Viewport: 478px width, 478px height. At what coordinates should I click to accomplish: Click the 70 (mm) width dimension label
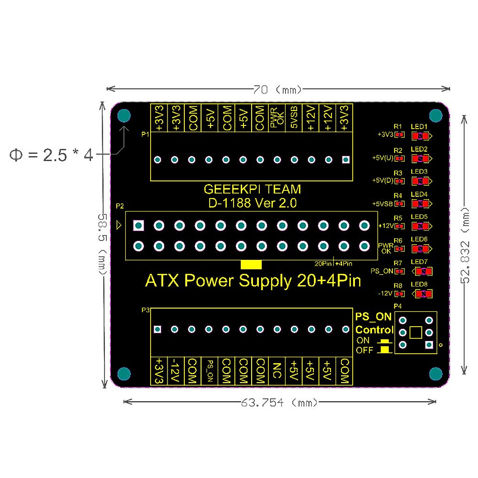pos(278,90)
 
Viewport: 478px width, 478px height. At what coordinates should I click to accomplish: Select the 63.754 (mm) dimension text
pos(279,403)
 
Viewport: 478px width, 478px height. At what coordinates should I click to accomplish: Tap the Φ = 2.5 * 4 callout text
pos(51,155)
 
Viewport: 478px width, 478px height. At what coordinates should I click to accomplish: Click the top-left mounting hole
pos(124,116)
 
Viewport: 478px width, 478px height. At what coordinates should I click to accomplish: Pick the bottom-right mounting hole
pos(436,374)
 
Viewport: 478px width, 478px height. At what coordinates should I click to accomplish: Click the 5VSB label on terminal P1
pos(294,117)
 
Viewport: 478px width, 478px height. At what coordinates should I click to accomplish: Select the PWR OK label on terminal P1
pos(277,118)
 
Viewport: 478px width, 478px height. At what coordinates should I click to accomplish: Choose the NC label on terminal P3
pos(277,370)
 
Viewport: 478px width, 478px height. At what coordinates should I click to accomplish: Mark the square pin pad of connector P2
pos(139,226)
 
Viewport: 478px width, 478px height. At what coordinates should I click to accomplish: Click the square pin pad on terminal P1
pos(346,160)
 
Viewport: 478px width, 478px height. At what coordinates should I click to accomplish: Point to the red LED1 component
pos(420,136)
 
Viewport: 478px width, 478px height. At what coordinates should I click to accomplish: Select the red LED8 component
pos(423,294)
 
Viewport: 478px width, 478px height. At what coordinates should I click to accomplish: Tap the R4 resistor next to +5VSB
pos(400,204)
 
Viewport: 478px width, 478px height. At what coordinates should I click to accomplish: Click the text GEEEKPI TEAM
pos(252,189)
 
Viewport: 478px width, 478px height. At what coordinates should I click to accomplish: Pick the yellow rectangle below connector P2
pos(251,265)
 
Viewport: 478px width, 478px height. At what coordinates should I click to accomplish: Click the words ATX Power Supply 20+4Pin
pos(253,281)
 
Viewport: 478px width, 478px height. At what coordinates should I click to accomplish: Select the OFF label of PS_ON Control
pos(364,350)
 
